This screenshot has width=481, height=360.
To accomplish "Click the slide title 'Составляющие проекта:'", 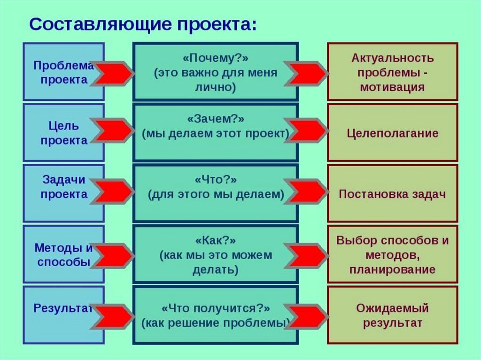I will (143, 24).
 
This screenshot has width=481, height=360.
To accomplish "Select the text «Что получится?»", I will (215, 309).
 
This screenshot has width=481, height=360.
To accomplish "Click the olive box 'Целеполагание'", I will (392, 133).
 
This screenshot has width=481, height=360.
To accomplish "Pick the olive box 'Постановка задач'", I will (392, 194).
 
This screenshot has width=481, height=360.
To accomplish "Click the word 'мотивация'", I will (392, 87).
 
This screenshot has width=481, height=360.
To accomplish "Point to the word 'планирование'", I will (392, 270).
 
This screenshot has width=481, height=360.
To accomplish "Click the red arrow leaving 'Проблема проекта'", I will (113, 73).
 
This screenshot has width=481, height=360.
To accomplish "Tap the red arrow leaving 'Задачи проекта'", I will (113, 192).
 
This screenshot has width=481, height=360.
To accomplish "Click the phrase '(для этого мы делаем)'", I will (216, 194).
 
